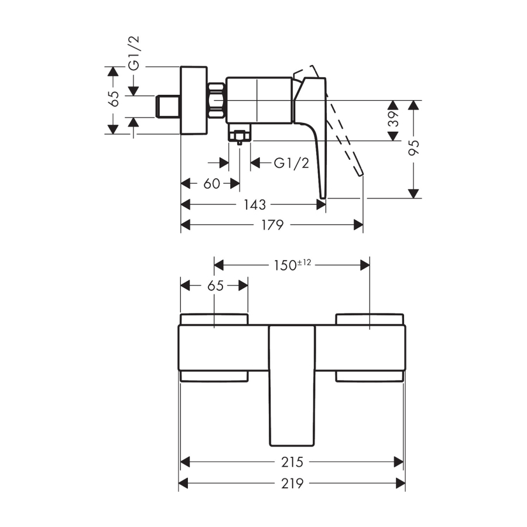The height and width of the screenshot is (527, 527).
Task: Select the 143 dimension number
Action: (255, 204)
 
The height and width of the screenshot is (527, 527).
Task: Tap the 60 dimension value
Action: (211, 184)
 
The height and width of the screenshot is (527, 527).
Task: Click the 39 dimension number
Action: (393, 121)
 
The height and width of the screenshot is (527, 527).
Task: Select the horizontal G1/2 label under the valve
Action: (291, 163)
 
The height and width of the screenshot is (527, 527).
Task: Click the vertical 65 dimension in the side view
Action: (114, 98)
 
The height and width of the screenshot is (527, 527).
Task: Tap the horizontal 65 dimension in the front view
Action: (215, 286)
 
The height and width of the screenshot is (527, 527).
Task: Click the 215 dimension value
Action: (292, 463)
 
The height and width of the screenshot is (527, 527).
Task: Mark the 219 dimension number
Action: (292, 484)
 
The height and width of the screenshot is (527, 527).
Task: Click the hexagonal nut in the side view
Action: (217, 100)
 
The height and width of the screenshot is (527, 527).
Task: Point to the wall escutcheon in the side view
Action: (194, 100)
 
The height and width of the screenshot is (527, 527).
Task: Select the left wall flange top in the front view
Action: (214, 319)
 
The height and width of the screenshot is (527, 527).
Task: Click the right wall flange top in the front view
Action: (369, 319)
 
